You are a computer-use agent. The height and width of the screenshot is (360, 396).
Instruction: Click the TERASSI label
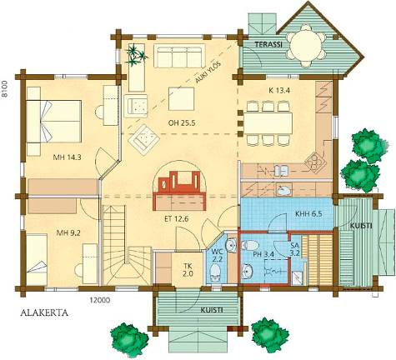[268, 44]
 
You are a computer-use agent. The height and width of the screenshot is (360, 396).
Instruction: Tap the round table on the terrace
[306, 46]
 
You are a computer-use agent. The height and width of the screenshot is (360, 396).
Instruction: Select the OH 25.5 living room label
[182, 122]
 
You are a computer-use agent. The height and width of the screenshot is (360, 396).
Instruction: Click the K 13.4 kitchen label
[279, 90]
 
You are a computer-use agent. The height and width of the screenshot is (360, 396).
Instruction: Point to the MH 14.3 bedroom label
[67, 157]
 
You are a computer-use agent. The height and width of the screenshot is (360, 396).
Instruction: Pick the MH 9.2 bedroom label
[68, 232]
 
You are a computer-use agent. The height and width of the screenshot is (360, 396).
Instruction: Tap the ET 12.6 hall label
[176, 219]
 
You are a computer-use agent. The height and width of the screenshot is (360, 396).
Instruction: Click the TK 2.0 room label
[188, 269]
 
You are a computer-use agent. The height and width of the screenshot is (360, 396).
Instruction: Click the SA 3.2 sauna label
[295, 249]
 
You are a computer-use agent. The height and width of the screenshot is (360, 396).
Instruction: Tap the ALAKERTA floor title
[44, 313]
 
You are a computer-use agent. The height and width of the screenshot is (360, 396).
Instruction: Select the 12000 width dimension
[99, 300]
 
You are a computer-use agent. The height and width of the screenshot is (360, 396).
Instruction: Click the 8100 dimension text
[4, 88]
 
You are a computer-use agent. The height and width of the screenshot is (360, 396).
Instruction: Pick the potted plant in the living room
[136, 55]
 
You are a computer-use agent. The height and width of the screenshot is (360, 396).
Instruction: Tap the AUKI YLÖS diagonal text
[208, 72]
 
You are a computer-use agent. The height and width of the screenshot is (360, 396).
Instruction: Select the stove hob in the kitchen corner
[315, 161]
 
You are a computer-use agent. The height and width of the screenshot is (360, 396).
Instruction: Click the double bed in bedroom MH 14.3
[54, 122]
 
